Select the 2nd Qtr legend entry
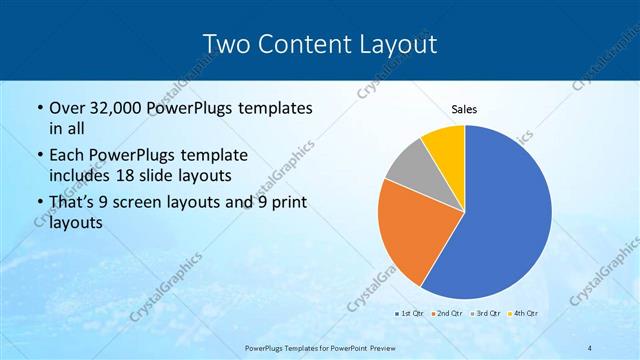(x=445, y=313)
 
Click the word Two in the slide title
(x=227, y=44)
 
